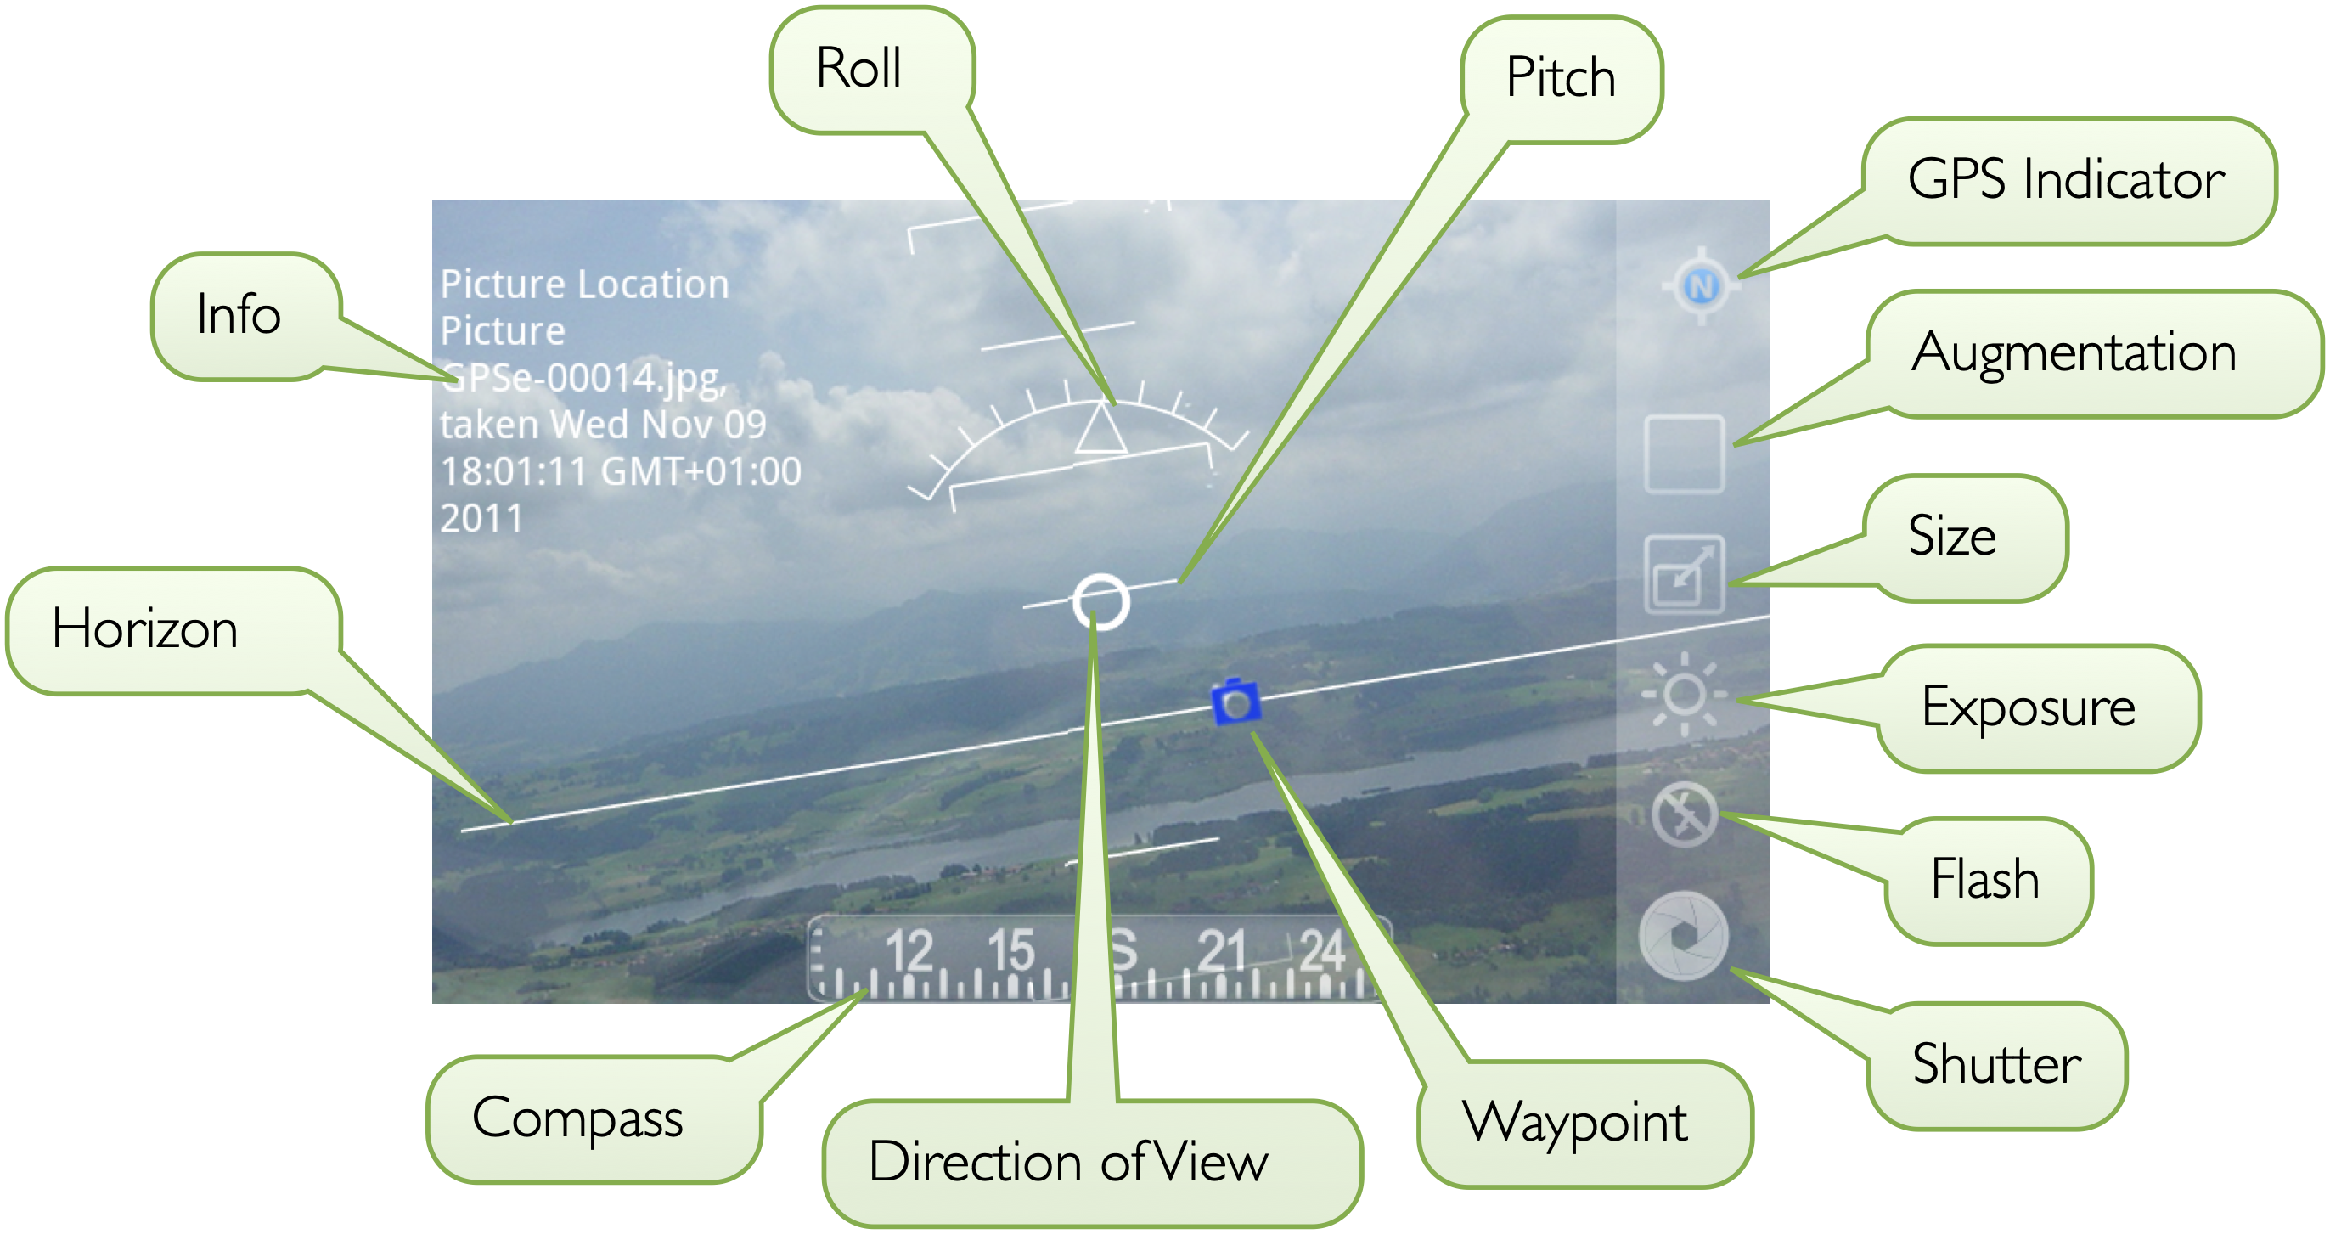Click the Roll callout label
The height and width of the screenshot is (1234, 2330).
858,69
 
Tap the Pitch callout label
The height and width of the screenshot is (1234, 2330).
1562,77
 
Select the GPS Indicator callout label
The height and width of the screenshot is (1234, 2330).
2066,179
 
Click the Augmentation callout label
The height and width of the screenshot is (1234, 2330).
2074,352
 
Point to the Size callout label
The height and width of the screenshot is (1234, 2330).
1952,536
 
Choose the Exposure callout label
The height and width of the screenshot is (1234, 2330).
2029,707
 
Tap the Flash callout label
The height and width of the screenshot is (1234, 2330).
1985,879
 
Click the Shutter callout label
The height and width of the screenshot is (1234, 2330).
1997,1064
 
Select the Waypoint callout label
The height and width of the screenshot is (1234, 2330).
1575,1124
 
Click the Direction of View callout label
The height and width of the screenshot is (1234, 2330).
1068,1163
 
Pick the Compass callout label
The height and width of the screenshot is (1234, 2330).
577,1120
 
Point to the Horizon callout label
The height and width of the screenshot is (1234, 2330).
144,629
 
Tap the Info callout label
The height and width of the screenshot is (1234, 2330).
239,315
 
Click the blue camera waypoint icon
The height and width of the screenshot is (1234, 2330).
1235,702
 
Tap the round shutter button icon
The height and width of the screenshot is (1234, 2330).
1683,937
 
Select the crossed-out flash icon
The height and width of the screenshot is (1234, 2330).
1684,814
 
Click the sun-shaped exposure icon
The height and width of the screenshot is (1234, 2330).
1684,695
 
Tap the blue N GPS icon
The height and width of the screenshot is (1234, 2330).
1702,286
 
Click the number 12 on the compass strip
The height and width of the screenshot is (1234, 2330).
909,952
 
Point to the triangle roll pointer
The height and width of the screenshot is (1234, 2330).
1101,429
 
